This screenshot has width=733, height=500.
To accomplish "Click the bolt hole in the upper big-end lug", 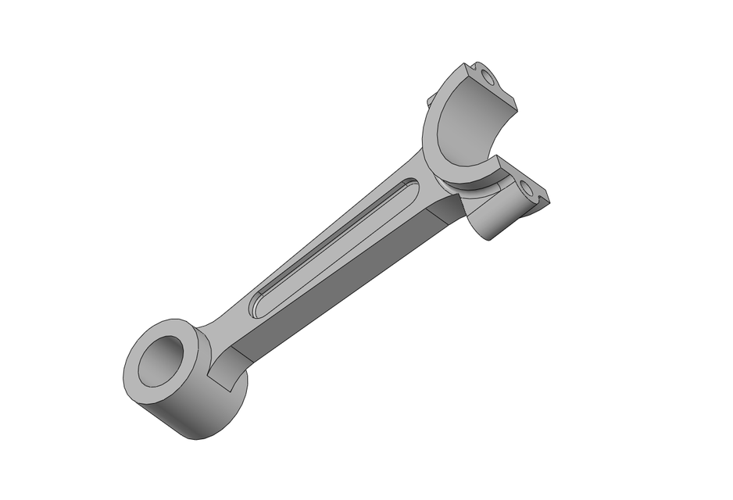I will pos(488,77).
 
